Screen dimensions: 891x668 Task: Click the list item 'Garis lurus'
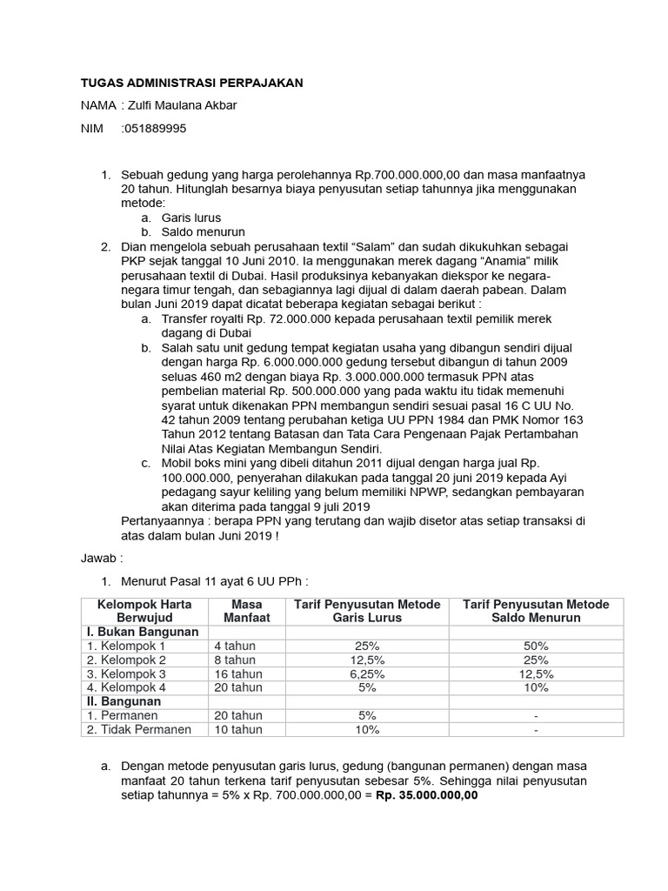190,218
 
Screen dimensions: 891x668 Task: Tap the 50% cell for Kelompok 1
535,646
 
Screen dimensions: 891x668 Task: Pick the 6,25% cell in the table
366,673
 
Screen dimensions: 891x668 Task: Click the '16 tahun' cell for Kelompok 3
237,673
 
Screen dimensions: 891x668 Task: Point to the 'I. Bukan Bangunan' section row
141,632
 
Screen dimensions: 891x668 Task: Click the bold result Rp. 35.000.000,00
426,796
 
